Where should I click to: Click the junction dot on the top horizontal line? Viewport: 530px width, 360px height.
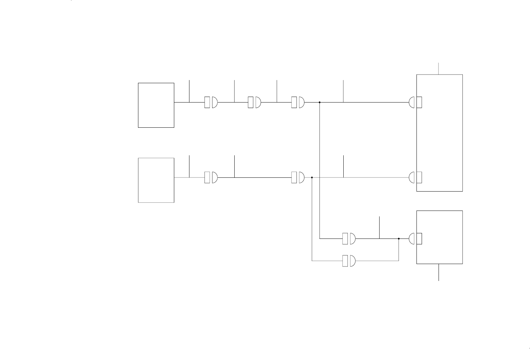tap(320, 103)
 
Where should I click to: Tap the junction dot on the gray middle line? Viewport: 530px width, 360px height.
tap(312, 178)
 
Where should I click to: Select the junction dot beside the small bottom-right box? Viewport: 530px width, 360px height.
tap(399, 239)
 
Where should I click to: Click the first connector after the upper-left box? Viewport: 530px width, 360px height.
tap(211, 103)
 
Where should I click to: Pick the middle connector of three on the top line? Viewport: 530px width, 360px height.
tap(254, 103)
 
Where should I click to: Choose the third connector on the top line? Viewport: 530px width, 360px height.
tap(298, 103)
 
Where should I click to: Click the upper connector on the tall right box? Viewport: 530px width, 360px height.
tap(415, 103)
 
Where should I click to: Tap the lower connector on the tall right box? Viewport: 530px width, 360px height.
tap(415, 178)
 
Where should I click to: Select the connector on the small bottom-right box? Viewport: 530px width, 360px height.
tap(415, 239)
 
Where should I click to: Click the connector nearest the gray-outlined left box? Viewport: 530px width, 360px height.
tap(211, 178)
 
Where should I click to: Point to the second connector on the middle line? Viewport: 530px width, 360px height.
tap(298, 178)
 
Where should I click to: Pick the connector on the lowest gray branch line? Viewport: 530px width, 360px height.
tap(349, 261)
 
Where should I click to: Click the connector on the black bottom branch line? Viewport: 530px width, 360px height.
tap(349, 239)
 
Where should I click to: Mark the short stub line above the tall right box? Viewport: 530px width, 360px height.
tap(439, 69)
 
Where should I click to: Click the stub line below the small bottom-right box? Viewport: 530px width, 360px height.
tap(439, 272)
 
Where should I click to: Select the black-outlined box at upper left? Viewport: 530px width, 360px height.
tap(156, 105)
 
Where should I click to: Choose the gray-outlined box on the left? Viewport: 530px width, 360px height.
tap(156, 180)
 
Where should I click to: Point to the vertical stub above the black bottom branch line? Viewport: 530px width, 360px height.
tap(380, 227)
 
